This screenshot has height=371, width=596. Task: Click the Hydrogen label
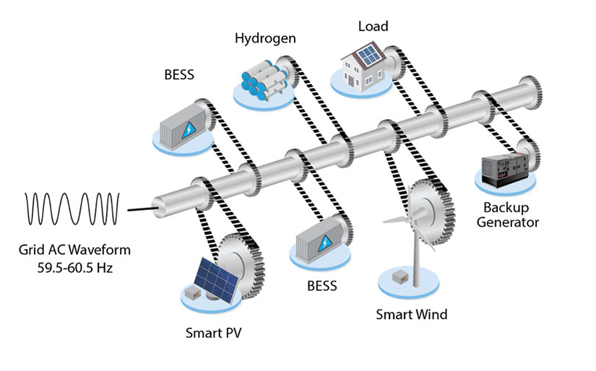point(264,38)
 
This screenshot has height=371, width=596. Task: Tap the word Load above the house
point(373,27)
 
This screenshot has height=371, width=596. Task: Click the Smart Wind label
point(412,314)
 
